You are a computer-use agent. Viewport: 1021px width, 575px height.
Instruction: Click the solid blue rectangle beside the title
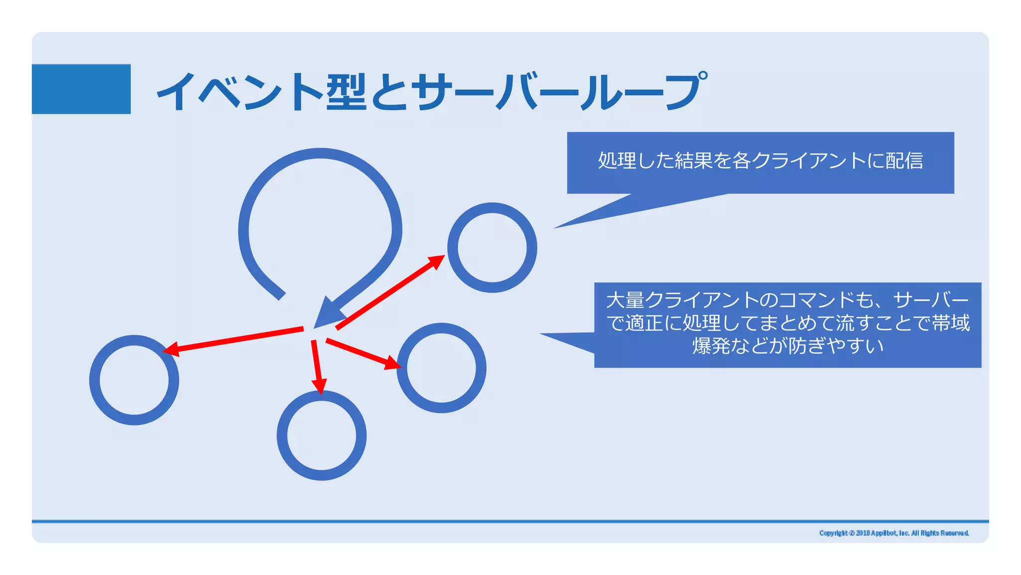coord(81,89)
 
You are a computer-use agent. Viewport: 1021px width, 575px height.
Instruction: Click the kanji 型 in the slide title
coord(346,92)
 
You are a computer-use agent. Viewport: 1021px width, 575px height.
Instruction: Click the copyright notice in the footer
coord(894,533)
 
